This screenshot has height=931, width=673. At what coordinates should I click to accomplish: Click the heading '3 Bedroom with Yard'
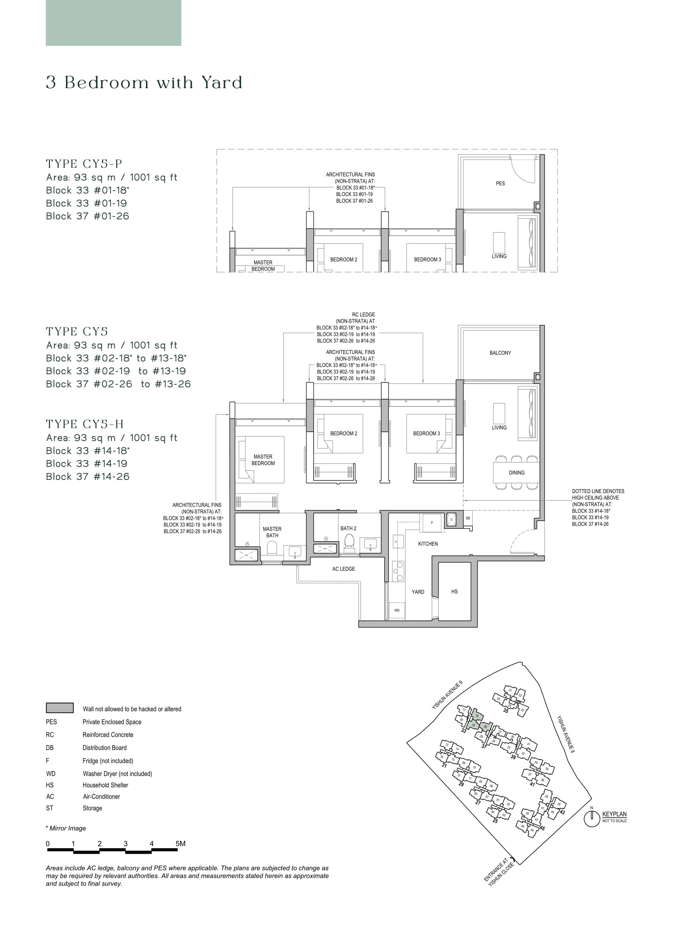(x=144, y=83)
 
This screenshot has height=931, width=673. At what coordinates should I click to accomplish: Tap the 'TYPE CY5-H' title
(x=85, y=424)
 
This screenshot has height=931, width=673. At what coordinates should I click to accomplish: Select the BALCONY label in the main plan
(x=500, y=353)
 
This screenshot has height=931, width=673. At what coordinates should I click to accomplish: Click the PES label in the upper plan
(x=500, y=184)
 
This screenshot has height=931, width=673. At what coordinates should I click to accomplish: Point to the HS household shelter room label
(x=454, y=592)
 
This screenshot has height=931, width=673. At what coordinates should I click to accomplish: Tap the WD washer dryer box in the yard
(x=397, y=610)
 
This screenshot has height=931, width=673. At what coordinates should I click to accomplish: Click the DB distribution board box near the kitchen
(x=468, y=518)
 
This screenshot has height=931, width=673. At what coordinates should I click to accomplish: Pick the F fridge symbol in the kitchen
(x=432, y=523)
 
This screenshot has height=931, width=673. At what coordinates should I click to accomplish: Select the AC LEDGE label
(x=343, y=569)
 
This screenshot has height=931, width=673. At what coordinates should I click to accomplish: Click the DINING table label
(x=516, y=473)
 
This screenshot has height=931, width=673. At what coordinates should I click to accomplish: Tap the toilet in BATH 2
(x=349, y=541)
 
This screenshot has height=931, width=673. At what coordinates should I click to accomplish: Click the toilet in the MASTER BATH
(x=272, y=548)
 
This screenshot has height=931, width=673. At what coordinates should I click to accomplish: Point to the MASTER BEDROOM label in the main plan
(x=263, y=460)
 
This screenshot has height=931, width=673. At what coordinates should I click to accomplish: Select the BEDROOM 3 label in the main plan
(x=427, y=434)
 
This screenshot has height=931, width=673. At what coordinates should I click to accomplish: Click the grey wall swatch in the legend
(x=59, y=708)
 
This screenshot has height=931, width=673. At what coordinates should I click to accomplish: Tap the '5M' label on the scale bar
(x=180, y=844)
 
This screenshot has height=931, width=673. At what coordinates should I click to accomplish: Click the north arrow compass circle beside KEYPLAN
(x=592, y=819)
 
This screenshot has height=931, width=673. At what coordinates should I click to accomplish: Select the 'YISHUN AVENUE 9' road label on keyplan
(x=447, y=695)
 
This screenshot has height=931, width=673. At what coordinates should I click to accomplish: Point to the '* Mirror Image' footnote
(x=66, y=829)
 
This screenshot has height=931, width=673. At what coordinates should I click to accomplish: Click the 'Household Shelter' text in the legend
(x=105, y=785)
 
